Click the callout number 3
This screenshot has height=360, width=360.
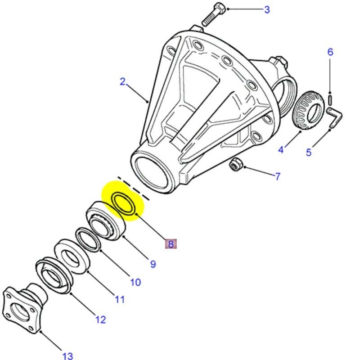tap(267, 9)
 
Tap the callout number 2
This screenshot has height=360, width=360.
tap(122, 82)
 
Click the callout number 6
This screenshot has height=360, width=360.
tap(330, 52)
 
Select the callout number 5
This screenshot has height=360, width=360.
tap(309, 152)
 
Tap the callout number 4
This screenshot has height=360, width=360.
tap(281, 149)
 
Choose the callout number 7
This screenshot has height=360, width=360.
tap(278, 176)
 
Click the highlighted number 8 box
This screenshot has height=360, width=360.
tap(171, 244)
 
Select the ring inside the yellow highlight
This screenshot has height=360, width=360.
tap(123, 203)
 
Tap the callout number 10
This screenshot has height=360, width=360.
tap(135, 282)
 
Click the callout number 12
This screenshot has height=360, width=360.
tap(100, 319)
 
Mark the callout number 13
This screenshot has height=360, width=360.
tap(67, 356)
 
